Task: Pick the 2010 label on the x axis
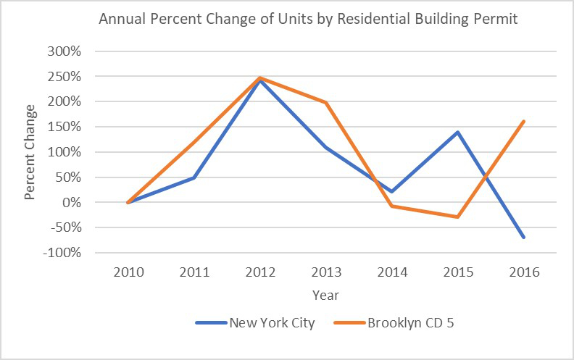coord(128,272)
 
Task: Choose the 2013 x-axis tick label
coord(326,272)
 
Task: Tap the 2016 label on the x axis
coord(524,272)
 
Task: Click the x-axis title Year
coord(325,296)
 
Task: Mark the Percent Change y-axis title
coord(30,152)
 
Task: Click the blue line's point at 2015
coord(458,132)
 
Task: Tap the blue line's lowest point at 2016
coord(523,237)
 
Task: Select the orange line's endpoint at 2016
coord(523,121)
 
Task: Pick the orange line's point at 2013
coord(326,102)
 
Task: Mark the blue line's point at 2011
coord(194,177)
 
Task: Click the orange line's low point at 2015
coord(458,217)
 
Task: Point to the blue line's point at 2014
coord(392,192)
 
